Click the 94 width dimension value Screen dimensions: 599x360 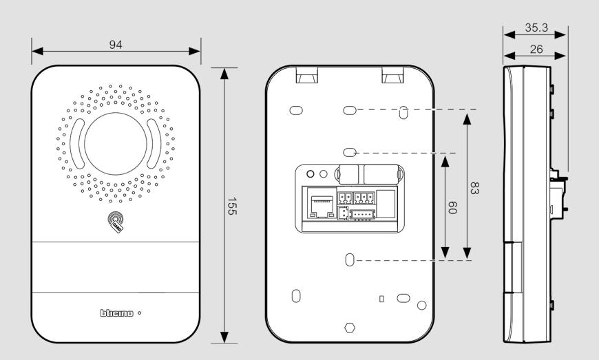116,45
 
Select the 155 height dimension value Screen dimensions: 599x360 232,206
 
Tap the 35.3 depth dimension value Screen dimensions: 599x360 536,28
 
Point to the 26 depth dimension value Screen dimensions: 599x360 536,49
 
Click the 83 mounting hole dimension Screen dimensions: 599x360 474,188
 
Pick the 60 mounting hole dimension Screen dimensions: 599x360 452,207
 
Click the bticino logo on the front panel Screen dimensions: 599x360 117,313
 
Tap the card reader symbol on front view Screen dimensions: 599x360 116,222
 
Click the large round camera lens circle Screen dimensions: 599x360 116,144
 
